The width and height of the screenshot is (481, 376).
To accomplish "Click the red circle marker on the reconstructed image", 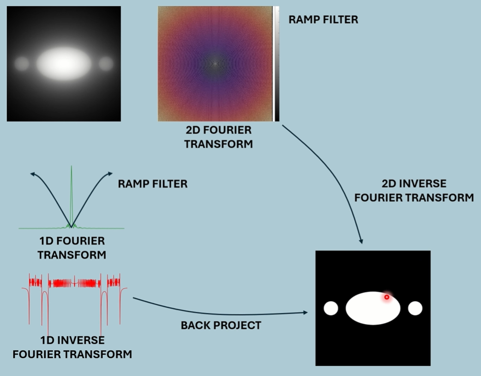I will [x=387, y=297].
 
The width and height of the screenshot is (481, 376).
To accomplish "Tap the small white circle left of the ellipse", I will [x=331, y=308].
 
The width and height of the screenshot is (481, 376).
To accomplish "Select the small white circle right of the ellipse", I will [x=415, y=308].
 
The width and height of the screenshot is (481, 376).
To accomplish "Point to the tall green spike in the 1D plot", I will [x=72, y=194].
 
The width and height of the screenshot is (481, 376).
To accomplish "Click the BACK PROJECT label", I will [x=221, y=325].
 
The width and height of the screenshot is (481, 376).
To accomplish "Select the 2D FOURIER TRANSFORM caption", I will [x=218, y=137].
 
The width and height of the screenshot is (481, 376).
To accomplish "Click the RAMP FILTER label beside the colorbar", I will [x=323, y=19].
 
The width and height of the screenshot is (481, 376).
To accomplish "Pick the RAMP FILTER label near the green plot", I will [x=153, y=184].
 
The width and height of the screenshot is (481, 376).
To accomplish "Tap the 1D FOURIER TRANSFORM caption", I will [x=72, y=248].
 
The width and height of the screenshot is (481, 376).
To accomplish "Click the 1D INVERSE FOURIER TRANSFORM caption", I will [x=72, y=347].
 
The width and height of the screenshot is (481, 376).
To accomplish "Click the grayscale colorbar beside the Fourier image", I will [x=276, y=64].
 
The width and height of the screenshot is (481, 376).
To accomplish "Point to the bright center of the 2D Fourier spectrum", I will [x=215, y=63].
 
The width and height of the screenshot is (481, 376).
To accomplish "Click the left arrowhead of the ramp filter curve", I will [x=33, y=173].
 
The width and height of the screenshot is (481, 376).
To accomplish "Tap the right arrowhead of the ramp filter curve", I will [x=110, y=173].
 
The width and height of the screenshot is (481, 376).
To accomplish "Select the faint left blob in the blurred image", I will [x=21, y=64].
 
